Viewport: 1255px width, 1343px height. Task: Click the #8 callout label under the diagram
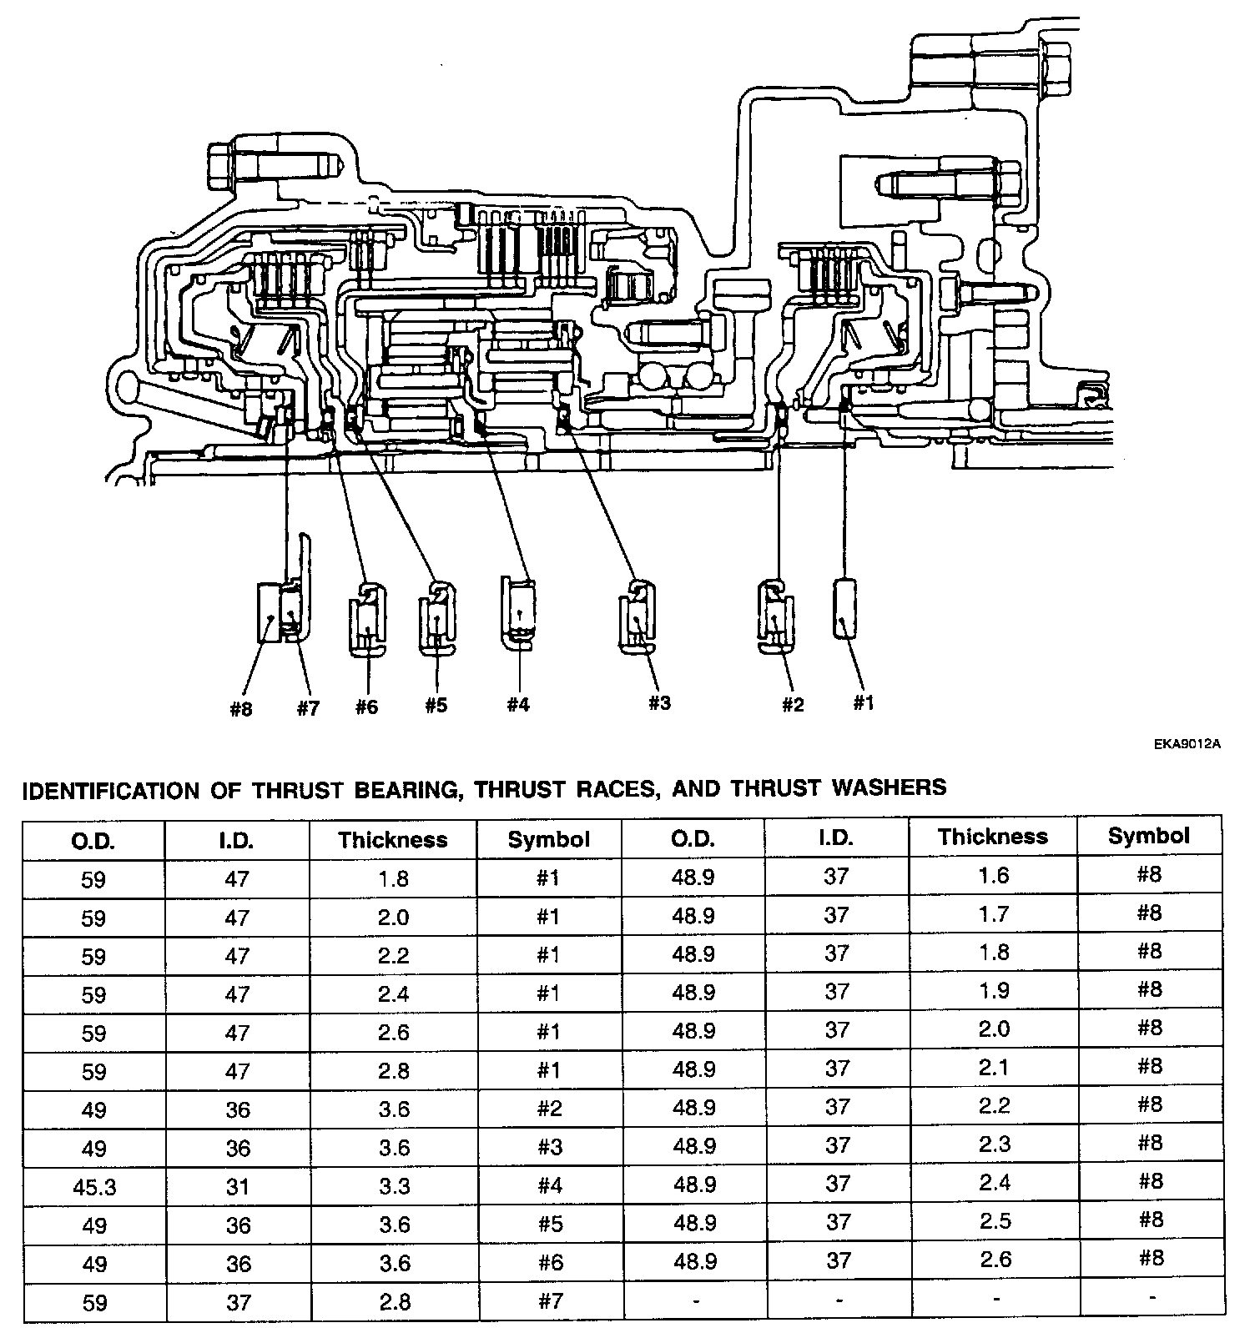click(x=240, y=710)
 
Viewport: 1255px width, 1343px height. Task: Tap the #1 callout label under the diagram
click(x=863, y=703)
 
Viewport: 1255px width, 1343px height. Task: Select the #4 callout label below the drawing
click(x=517, y=705)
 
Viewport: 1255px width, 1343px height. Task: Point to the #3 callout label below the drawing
click(x=658, y=702)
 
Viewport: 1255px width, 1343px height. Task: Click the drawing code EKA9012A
click(x=1187, y=744)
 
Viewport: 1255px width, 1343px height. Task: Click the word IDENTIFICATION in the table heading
click(x=110, y=790)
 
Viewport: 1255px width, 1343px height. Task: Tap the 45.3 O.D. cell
click(x=94, y=1186)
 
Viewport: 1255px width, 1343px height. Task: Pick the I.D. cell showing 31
click(x=238, y=1186)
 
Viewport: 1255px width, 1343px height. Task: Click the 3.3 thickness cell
click(x=393, y=1186)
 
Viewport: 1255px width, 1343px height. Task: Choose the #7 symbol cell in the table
click(x=550, y=1301)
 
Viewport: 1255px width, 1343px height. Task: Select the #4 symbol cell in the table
click(x=550, y=1186)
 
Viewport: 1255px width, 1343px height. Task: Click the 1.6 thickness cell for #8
click(x=993, y=875)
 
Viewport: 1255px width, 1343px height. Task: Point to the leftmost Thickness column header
click(x=393, y=839)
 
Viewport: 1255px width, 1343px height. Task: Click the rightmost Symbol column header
click(x=1149, y=836)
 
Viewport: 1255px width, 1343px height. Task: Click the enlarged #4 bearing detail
click(x=518, y=612)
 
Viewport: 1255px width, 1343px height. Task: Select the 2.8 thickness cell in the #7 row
click(x=393, y=1301)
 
